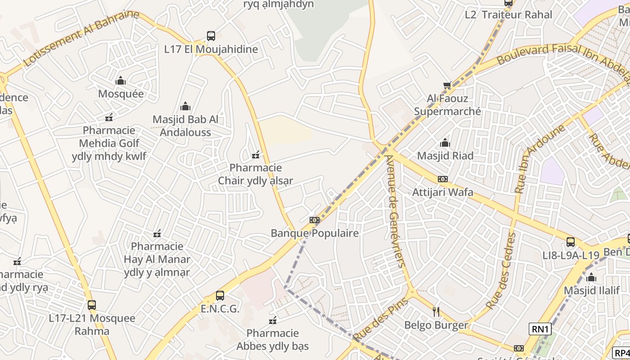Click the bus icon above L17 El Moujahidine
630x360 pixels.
[x=211, y=36]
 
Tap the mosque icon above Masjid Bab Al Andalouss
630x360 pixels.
[x=185, y=107]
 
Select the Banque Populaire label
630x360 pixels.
[x=315, y=233]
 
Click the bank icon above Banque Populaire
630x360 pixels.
[x=315, y=220]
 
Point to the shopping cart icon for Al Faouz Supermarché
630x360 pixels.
[x=447, y=85]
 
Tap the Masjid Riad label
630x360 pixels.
[x=445, y=156]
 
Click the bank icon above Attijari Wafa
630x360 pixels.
[x=443, y=179]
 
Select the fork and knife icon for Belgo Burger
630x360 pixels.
[x=436, y=311]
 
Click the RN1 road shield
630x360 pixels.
[x=540, y=329]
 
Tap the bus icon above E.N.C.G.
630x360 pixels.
[x=220, y=296]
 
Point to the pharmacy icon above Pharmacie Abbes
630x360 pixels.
[x=272, y=320]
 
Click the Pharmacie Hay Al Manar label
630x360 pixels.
[x=157, y=259]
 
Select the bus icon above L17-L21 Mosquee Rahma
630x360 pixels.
[x=92, y=305]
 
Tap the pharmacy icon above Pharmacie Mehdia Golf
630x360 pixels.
[x=108, y=117]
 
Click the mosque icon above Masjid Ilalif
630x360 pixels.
[x=591, y=277]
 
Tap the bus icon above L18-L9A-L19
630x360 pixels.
[x=571, y=242]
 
